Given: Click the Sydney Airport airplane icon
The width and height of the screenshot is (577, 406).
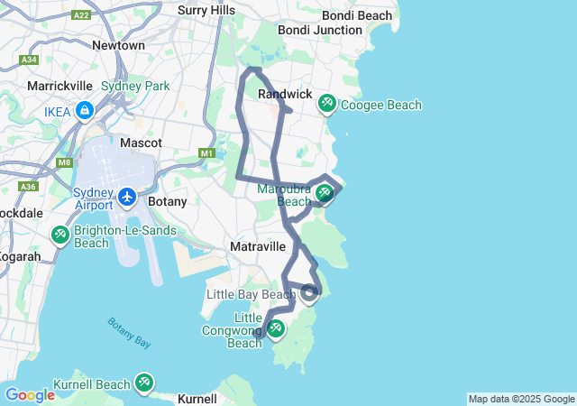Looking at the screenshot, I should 127,196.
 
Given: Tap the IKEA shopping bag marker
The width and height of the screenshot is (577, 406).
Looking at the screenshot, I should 84,111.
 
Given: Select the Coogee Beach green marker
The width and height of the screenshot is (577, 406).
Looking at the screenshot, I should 326,105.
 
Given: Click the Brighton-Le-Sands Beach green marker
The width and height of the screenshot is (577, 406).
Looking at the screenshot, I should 60,235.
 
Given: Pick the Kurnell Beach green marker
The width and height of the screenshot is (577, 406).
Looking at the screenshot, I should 144,383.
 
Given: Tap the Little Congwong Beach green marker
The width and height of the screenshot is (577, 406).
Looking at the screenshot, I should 276,329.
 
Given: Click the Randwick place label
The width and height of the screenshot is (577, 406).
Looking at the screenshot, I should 284,94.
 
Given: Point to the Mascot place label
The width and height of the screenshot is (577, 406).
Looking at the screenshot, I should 142,143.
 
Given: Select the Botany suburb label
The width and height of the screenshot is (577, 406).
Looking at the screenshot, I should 167,201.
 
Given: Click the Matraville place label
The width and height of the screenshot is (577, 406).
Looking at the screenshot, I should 258,246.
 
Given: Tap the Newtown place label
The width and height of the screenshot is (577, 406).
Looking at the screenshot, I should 118,45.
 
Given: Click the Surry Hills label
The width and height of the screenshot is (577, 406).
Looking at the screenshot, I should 206,10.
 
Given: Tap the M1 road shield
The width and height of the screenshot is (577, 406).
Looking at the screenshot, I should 207,153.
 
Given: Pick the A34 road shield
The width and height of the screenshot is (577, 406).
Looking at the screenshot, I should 29,60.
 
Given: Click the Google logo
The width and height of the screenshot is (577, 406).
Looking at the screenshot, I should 30,394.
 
